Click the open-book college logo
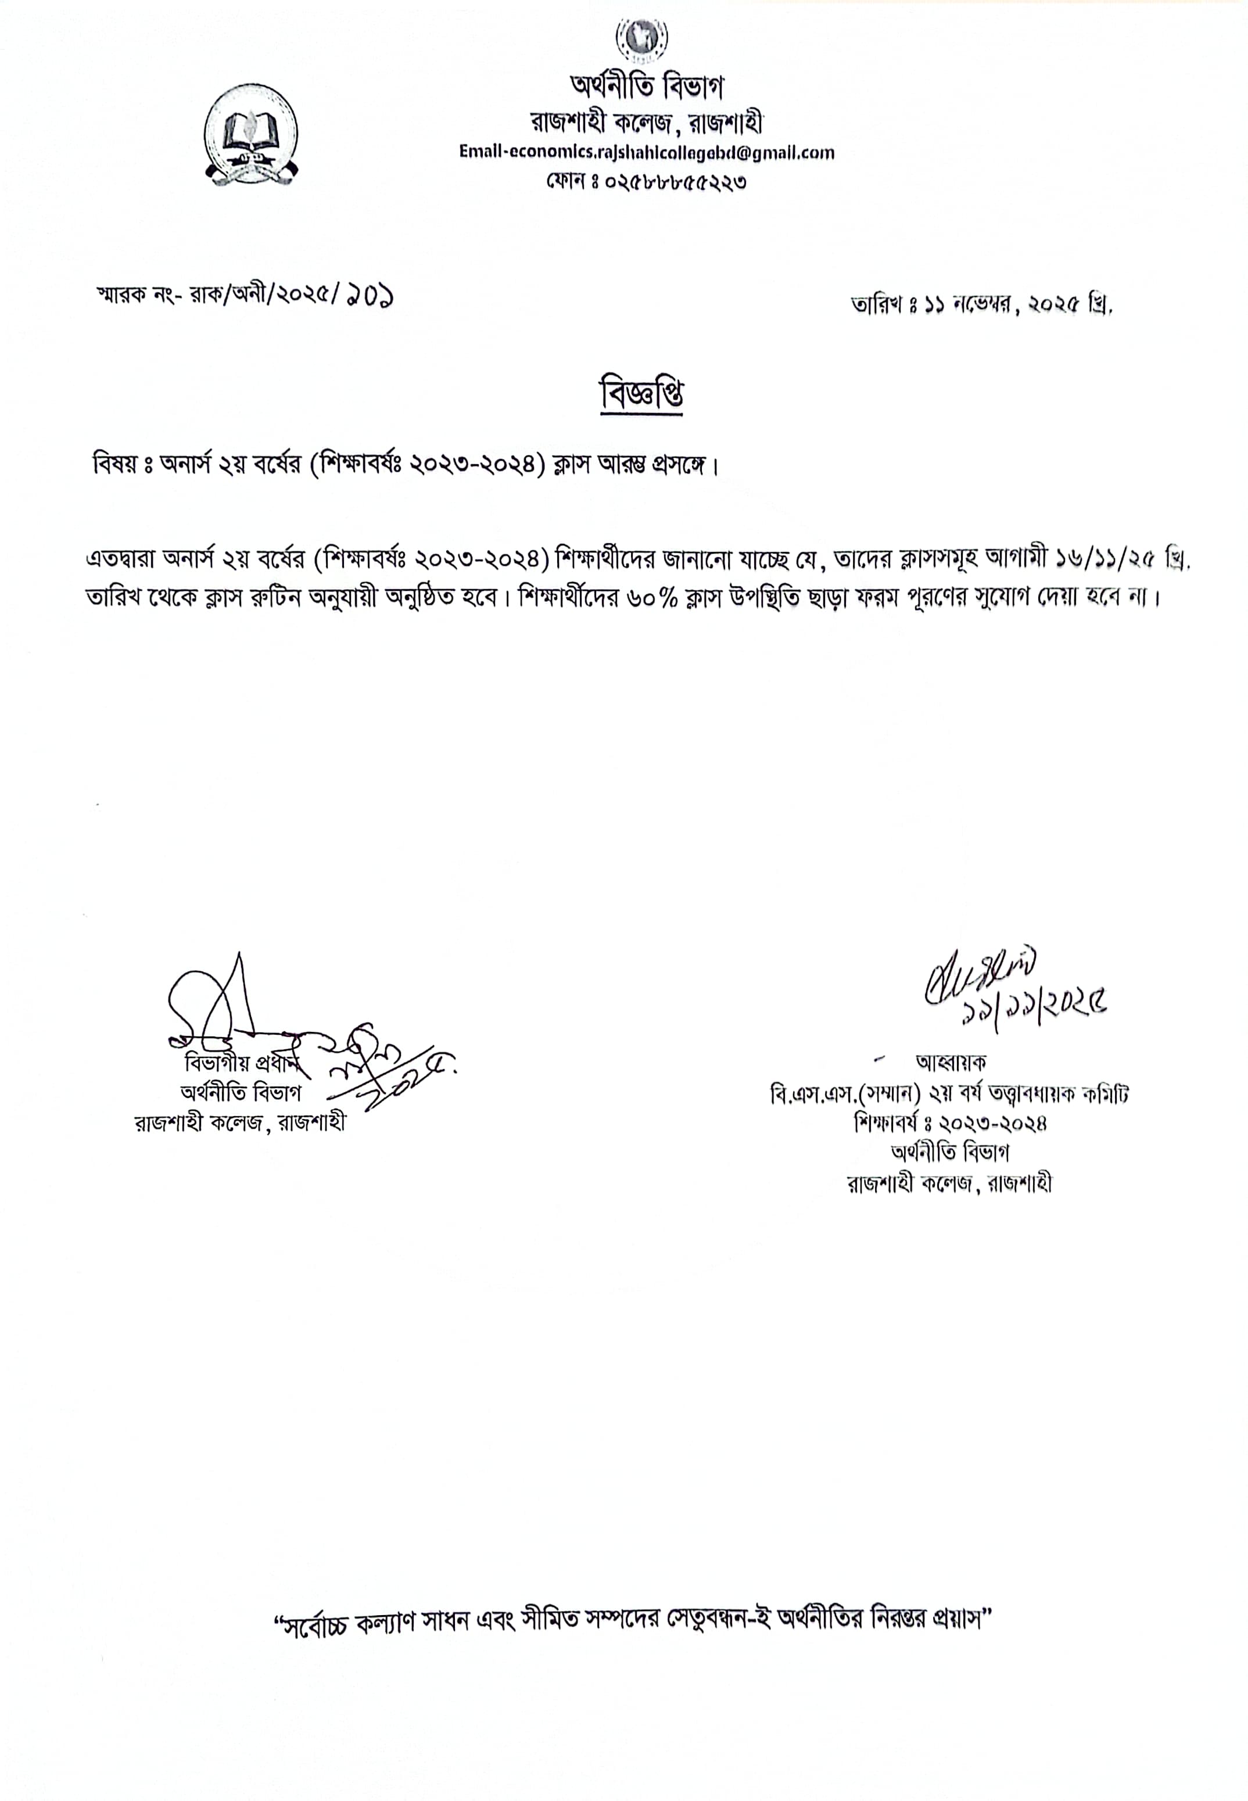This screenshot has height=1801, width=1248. click(251, 135)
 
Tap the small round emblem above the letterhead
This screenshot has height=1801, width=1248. click(642, 37)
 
